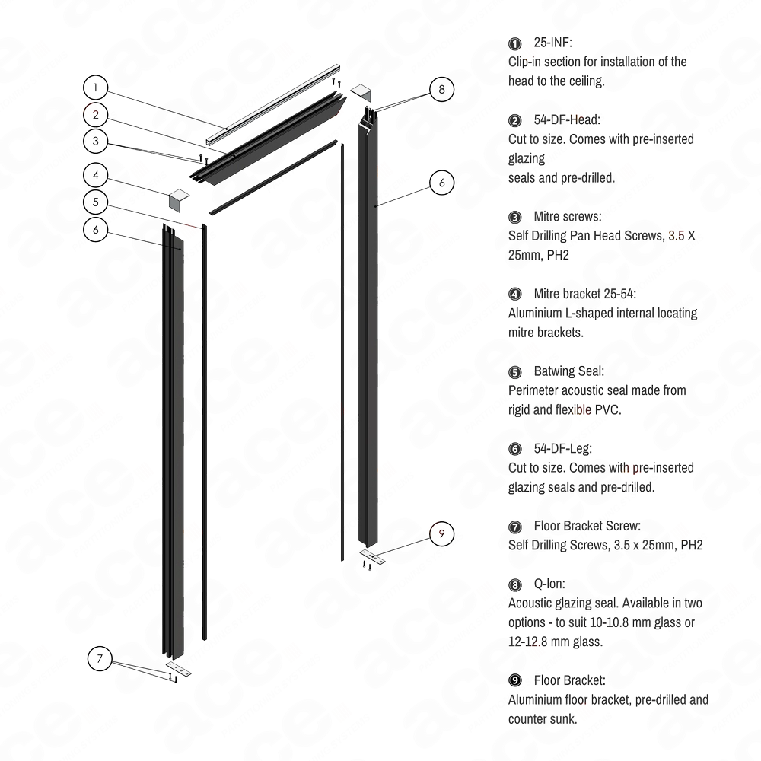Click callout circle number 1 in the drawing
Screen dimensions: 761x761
95,88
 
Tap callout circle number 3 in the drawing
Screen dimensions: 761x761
95,141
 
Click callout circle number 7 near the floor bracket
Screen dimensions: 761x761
100,658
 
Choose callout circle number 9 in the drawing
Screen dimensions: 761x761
439,533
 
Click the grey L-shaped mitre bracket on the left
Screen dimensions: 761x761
177,199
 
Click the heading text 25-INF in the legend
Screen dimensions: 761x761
552,43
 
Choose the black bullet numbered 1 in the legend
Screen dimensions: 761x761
515,44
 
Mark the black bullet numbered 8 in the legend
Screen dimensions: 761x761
515,584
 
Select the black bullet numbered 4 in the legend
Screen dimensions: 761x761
515,294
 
